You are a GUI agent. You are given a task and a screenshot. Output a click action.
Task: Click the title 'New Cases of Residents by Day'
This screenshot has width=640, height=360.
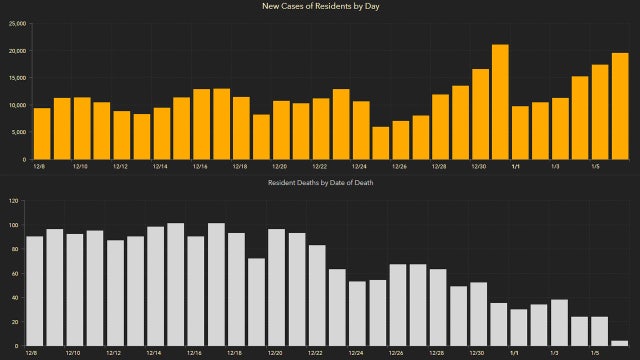[320, 6]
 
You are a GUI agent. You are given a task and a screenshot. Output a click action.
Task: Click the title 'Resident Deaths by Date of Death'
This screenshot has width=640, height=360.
[320, 183]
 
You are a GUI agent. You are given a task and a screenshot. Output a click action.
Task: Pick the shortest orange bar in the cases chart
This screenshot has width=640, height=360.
[380, 143]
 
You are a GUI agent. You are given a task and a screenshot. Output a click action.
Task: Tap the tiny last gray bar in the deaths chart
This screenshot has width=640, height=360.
[619, 343]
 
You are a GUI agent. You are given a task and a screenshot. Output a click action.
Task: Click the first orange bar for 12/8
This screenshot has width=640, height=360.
[42, 134]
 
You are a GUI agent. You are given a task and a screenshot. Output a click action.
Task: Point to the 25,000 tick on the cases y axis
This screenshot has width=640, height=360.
[15, 23]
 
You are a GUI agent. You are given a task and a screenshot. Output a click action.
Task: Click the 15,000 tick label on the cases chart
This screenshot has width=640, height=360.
[15, 78]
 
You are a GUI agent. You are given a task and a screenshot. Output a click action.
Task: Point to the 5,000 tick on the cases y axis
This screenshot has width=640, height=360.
[17, 133]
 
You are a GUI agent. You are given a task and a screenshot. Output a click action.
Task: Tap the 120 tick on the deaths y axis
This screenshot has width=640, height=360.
[14, 201]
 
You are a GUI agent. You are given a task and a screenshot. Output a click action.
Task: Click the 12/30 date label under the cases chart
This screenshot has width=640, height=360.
[478, 167]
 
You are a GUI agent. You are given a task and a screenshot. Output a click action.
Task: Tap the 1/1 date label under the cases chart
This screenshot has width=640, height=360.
[517, 167]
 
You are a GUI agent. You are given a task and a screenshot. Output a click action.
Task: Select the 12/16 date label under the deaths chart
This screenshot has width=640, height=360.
[195, 353]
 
